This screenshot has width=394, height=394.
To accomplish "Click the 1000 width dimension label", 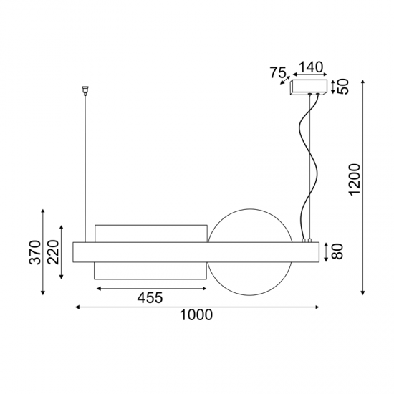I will point(197,316).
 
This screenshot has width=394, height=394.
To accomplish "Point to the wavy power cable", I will point(308,165).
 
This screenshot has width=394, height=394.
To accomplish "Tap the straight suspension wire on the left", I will point(85,165).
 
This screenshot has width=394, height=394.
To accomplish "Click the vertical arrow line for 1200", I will point(364,186).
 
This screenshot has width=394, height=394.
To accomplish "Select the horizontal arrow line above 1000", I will point(197,307).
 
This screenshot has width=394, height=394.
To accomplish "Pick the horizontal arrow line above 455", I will point(150,288).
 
